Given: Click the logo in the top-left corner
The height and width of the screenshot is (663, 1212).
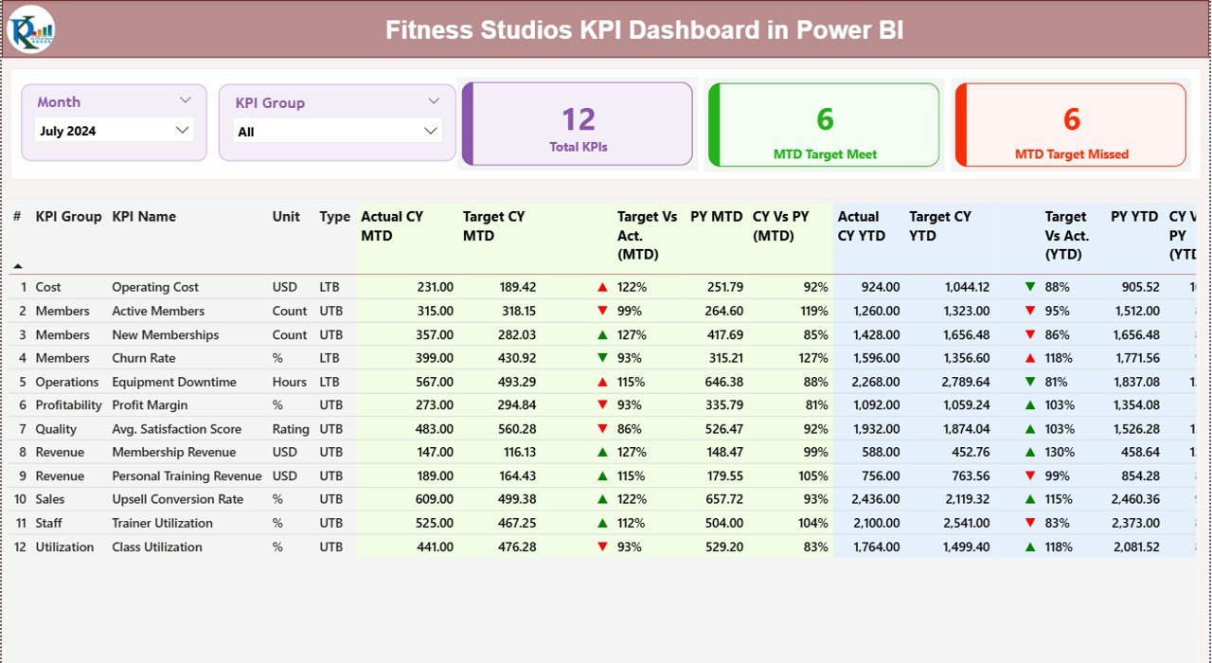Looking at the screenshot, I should (x=31, y=29).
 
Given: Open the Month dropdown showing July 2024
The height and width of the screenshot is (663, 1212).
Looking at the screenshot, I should (x=115, y=131).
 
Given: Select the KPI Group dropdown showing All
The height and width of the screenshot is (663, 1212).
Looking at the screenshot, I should (x=338, y=132).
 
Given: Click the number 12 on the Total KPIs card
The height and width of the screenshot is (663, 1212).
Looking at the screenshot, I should (x=579, y=119).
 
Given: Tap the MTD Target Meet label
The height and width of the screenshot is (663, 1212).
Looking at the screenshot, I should (x=825, y=154).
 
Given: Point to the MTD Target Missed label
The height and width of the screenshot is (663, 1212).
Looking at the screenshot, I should (x=1071, y=154).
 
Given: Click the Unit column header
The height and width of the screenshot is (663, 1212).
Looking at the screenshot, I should (x=285, y=217).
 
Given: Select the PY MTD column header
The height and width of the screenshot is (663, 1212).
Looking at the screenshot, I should (x=716, y=217).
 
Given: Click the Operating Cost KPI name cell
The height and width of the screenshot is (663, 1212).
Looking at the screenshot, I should (x=155, y=287).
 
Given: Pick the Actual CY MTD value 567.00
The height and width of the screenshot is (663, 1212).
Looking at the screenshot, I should (x=433, y=382).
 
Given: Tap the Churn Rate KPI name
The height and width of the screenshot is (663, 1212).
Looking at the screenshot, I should (x=143, y=358).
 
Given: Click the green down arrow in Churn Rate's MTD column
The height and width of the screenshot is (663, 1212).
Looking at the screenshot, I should (x=602, y=358).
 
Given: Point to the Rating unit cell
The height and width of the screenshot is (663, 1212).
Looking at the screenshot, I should (x=291, y=429).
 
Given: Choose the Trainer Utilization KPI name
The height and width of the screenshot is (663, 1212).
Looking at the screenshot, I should (x=162, y=523).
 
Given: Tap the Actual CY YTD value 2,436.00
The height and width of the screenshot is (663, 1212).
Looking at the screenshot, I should (x=876, y=499).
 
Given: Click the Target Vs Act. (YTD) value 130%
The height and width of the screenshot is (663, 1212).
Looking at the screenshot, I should (x=1059, y=453).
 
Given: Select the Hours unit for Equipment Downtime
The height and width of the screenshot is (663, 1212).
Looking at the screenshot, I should (x=290, y=382).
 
